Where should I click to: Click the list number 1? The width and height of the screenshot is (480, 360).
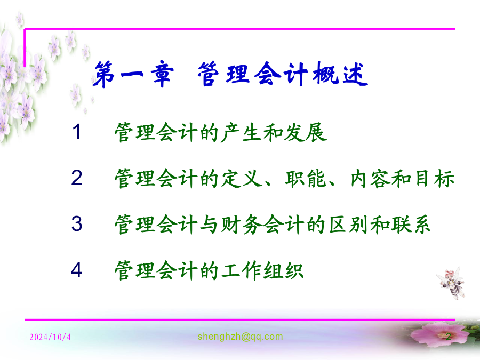click(76, 132)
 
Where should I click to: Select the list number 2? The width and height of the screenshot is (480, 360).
click(76, 178)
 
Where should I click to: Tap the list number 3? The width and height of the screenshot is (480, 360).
click(76, 223)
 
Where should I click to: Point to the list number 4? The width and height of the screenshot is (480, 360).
click(76, 270)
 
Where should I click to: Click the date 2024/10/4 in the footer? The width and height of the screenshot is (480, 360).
click(50, 337)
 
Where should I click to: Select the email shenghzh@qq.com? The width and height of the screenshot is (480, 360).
click(240, 337)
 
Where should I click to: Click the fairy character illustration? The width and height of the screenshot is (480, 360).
click(451, 283)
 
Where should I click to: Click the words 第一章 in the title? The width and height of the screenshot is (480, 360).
click(133, 74)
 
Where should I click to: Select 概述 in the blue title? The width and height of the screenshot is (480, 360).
click(340, 74)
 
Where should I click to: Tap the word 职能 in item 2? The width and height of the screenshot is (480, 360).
click(305, 179)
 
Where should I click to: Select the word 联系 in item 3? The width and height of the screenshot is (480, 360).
click(410, 225)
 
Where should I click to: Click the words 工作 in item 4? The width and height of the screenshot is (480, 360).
click(242, 270)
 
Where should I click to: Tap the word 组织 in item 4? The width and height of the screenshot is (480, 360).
click(283, 270)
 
